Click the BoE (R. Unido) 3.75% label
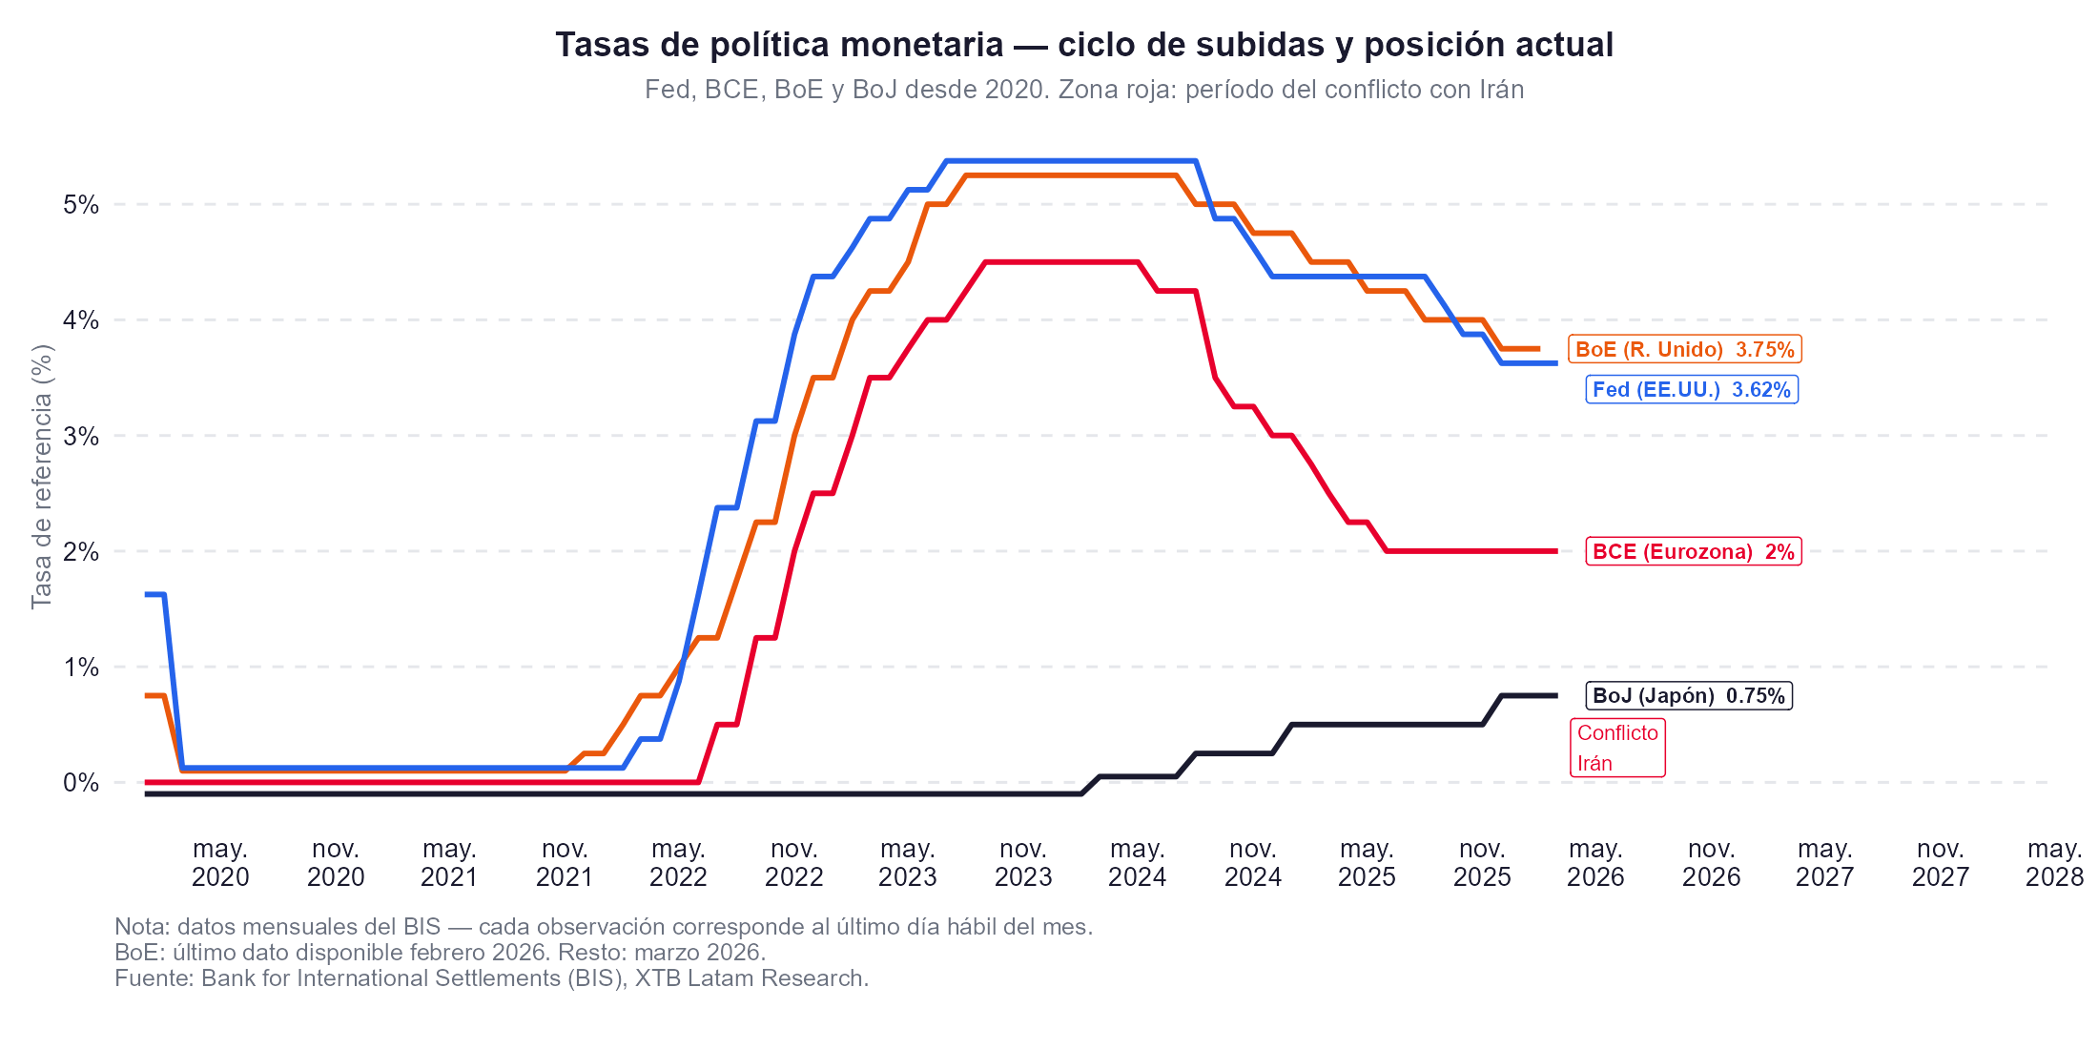[x=1684, y=349]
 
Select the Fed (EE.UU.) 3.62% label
[x=1691, y=389]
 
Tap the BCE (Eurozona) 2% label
[x=1693, y=551]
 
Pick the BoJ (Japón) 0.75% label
[x=1688, y=695]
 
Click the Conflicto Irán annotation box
[x=1617, y=748]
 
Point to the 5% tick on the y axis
[x=81, y=204]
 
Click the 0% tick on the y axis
[x=81, y=782]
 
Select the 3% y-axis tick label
[x=81, y=436]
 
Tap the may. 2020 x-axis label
[x=220, y=862]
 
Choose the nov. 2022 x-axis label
[x=793, y=862]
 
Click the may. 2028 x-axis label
[x=2054, y=862]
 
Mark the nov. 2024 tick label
[x=1252, y=862]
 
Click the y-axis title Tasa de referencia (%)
[x=41, y=477]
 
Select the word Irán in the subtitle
[x=1501, y=90]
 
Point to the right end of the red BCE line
[x=1555, y=551]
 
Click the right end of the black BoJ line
[x=1555, y=695]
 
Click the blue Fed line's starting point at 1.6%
[x=148, y=594]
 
